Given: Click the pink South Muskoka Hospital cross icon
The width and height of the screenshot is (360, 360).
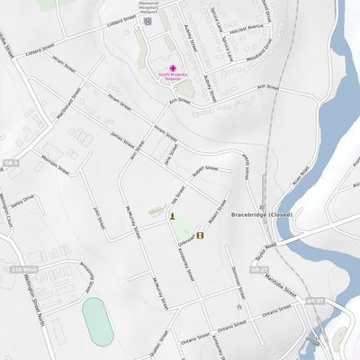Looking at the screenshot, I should pyautogui.click(x=173, y=68).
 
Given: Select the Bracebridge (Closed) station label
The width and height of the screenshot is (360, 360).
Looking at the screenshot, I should pyautogui.click(x=262, y=215).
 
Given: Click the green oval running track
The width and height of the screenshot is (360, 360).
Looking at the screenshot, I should pyautogui.click(x=97, y=321).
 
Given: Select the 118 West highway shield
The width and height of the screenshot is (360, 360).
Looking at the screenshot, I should pyautogui.click(x=24, y=268).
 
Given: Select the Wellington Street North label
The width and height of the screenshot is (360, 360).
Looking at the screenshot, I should pyautogui.click(x=31, y=296).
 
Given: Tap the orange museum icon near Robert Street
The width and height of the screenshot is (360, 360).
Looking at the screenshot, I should pyautogui.click(x=201, y=236).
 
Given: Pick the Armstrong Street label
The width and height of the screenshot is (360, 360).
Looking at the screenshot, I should pyautogui.click(x=87, y=276).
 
